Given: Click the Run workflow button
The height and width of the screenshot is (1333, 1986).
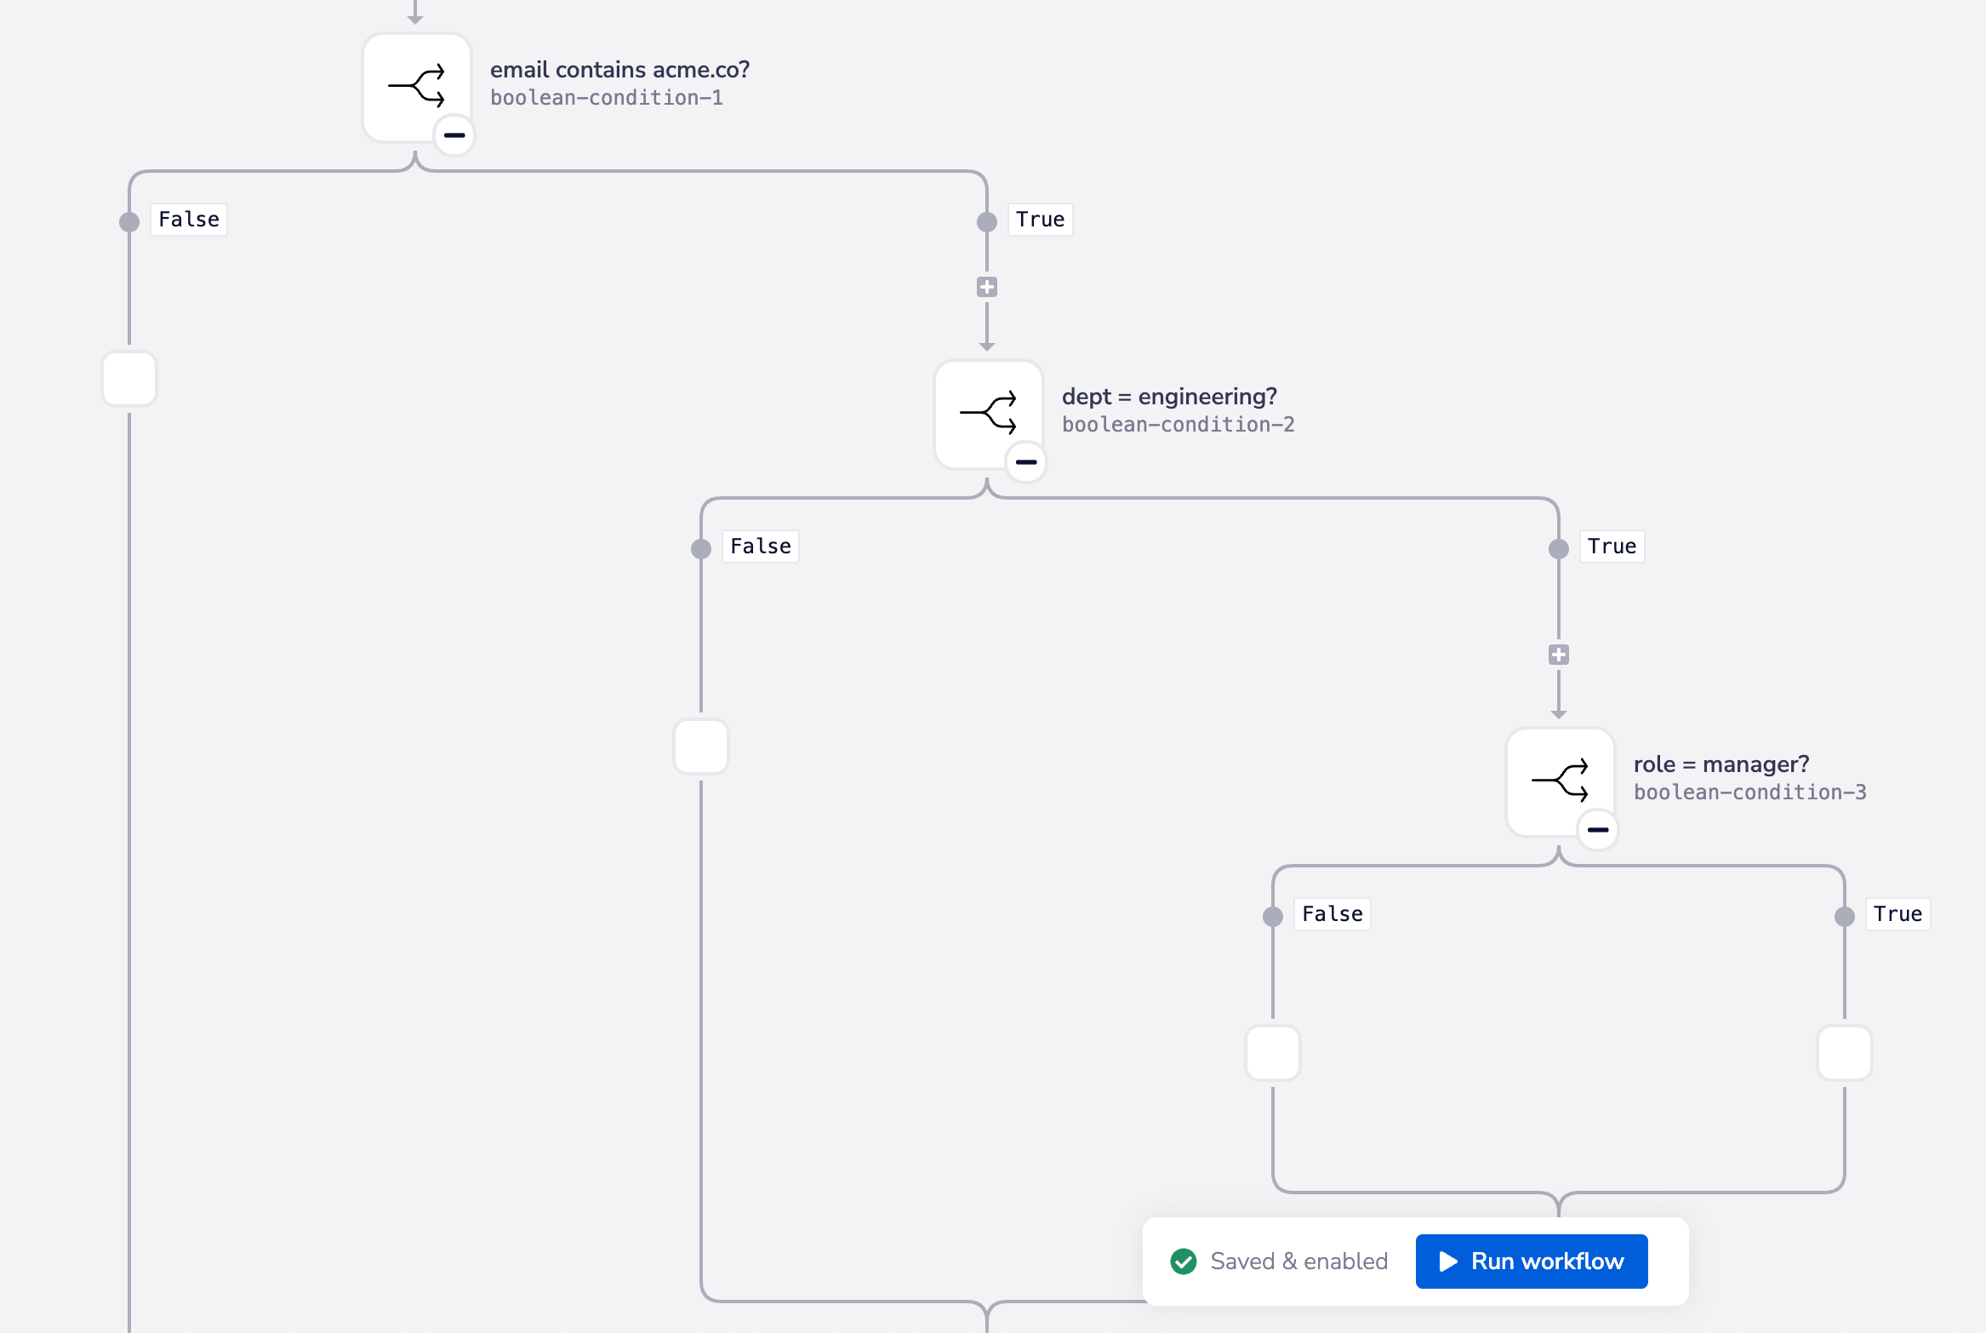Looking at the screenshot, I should tap(1531, 1261).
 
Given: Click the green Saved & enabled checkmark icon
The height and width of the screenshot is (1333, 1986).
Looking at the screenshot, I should tap(1183, 1261).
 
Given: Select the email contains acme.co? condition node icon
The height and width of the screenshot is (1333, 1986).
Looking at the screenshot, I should tap(416, 86).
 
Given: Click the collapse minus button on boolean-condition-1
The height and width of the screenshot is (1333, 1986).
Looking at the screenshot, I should tap(454, 135).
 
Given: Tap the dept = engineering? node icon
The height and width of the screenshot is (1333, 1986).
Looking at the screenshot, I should tap(988, 413).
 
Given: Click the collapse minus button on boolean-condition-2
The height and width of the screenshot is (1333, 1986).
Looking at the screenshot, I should tap(1026, 462).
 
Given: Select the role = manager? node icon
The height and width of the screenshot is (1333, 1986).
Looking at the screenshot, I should tap(1560, 781).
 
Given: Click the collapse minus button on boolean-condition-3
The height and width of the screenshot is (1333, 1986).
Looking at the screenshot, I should tap(1598, 830).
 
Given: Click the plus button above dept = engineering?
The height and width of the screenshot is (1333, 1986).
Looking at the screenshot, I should tap(987, 287).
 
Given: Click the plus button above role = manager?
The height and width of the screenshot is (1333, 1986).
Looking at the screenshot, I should tap(1559, 655).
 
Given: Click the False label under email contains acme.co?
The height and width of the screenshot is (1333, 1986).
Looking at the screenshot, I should tap(189, 220).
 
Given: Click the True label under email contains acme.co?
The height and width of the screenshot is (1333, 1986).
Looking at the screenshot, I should tap(1040, 220).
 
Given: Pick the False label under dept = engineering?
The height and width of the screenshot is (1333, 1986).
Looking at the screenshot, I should tap(761, 546).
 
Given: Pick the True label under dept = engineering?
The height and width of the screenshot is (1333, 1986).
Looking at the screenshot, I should tap(1612, 546).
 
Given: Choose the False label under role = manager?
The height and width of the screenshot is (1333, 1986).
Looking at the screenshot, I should tap(1333, 914).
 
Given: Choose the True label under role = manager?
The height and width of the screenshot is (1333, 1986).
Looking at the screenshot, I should tap(1898, 914).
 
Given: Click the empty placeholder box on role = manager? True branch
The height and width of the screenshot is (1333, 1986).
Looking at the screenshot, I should tap(1845, 1053).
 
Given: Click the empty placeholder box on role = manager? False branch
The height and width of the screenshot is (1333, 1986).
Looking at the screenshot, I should tap(1273, 1053).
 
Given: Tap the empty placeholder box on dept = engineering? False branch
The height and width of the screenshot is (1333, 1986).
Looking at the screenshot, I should tap(701, 747).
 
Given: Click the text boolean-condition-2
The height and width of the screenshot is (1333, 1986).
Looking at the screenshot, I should tap(1178, 425).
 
